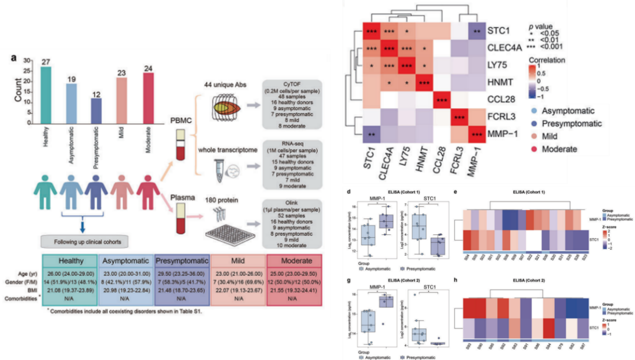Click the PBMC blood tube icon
point(178,145)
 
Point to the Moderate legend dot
point(536,149)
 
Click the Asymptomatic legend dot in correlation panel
point(536,111)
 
